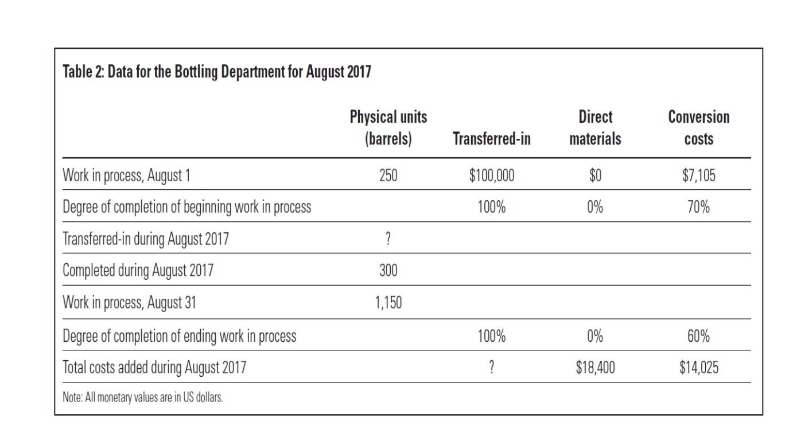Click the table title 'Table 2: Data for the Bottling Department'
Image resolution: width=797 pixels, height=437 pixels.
click(x=216, y=72)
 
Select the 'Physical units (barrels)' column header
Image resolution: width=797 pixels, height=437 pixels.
click(x=388, y=128)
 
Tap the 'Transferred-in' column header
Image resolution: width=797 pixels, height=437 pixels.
click(x=491, y=139)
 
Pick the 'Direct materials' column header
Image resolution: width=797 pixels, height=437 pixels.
click(x=595, y=128)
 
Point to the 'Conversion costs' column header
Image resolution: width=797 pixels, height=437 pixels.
click(x=698, y=128)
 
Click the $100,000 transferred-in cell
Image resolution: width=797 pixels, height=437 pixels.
click(x=491, y=175)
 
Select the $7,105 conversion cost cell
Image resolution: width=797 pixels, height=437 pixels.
click(x=698, y=175)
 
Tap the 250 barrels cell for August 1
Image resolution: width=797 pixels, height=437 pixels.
click(x=388, y=175)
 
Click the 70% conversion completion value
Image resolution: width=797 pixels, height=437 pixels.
click(x=698, y=207)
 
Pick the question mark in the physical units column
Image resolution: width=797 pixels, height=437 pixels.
click(x=388, y=239)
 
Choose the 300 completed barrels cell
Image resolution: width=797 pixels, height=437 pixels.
click(x=388, y=271)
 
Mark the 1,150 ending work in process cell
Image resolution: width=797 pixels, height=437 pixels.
click(x=388, y=302)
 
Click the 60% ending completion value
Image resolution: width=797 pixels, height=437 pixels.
click(x=698, y=336)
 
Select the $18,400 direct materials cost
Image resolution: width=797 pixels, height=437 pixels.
click(x=595, y=368)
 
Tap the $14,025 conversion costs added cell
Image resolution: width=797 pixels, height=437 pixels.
click(x=698, y=368)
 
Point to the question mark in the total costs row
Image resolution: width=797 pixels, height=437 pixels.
click(x=491, y=368)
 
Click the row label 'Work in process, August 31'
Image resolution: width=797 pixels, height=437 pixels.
click(x=129, y=302)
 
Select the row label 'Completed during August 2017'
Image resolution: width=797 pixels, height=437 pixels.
click(x=137, y=271)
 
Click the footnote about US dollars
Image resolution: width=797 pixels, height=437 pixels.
click(x=142, y=397)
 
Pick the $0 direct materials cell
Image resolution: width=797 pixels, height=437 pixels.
click(x=595, y=175)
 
